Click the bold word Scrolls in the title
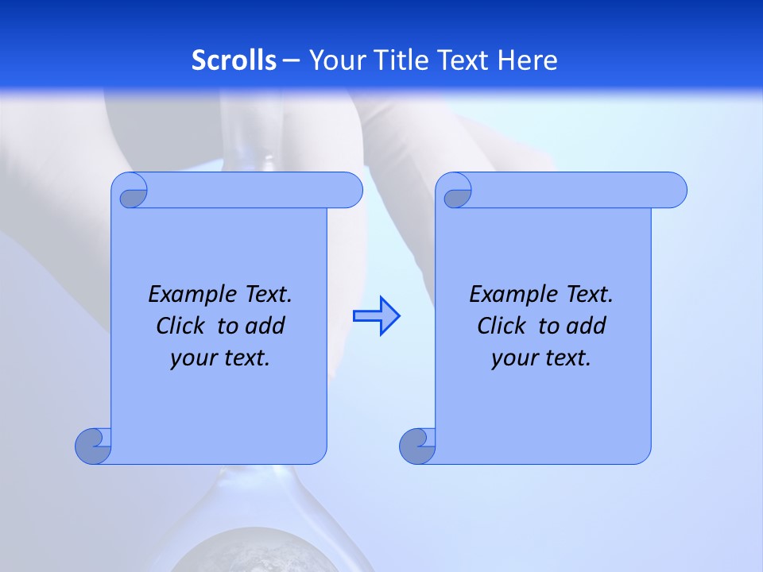tap(234, 60)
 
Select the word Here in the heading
tap(528, 60)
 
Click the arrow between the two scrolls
tap(376, 315)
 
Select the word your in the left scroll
tap(192, 358)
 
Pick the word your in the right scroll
tap(513, 358)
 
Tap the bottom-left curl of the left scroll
tap(93, 446)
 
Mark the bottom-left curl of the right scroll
tap(417, 446)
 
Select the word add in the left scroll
tap(265, 326)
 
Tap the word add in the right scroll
tap(587, 326)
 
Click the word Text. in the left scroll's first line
tap(265, 295)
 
